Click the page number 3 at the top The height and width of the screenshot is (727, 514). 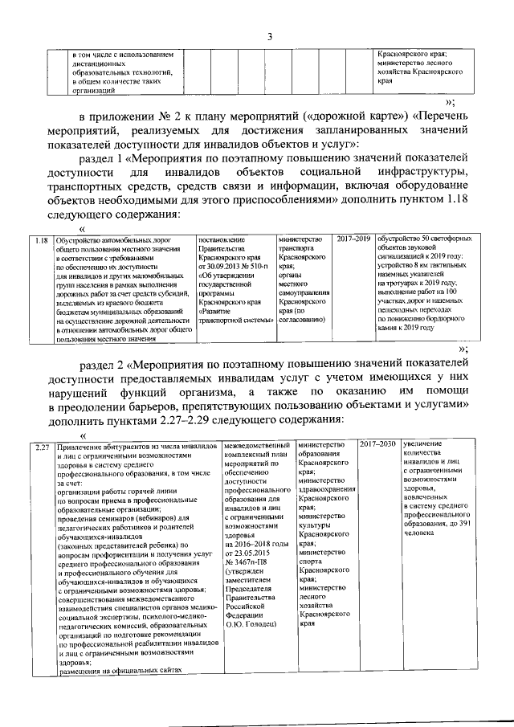tap(270, 36)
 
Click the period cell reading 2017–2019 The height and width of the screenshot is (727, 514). tap(353, 240)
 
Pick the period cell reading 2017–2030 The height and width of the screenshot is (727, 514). tap(377, 445)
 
